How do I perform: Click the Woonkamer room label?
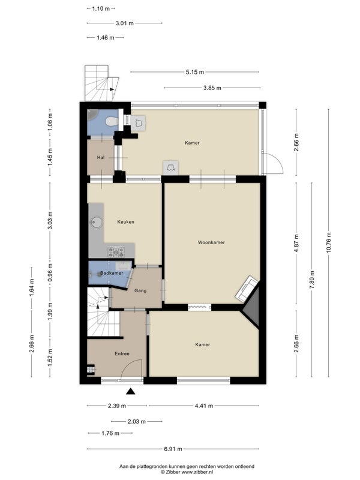tap(211, 242)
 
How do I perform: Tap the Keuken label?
tap(126, 221)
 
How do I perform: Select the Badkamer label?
tap(112, 273)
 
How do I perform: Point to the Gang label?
tap(140, 290)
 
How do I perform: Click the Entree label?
tap(122, 353)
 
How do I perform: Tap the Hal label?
tap(101, 157)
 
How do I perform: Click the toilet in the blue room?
tap(111, 122)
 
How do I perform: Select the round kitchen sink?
tap(97, 222)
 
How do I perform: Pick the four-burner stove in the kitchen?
tap(116, 252)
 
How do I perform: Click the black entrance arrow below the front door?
tap(131, 391)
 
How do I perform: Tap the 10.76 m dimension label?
tap(329, 242)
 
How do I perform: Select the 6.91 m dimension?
tap(173, 449)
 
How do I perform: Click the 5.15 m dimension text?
tap(194, 72)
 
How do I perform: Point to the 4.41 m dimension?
tap(204, 406)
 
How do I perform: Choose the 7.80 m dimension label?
tap(312, 280)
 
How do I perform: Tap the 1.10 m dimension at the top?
tap(101, 8)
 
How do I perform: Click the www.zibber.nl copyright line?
tap(187, 472)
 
